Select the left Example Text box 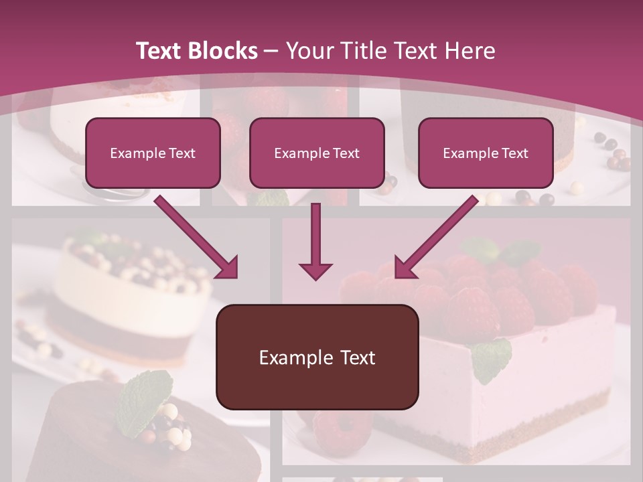pos(153,153)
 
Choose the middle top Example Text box pos(317,153)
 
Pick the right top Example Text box pos(486,153)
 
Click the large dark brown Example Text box pos(317,357)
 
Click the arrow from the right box pos(435,238)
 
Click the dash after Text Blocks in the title pos(271,51)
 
